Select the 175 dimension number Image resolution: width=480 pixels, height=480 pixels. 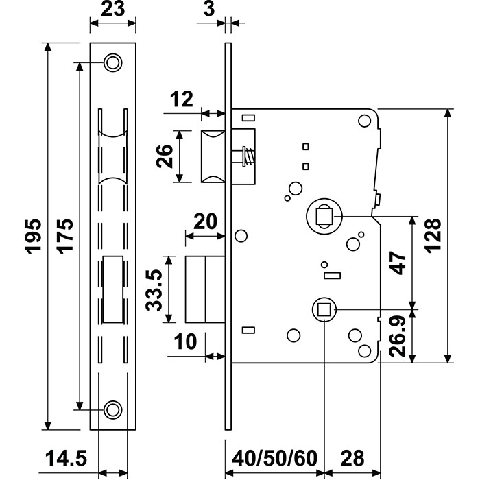[x=65, y=237]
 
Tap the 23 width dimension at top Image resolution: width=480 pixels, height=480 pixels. [x=113, y=10]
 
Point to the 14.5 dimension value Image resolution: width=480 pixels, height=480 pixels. [x=67, y=458]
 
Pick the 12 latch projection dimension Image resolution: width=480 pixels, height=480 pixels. [x=182, y=100]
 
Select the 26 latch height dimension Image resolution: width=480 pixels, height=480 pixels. [x=165, y=156]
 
